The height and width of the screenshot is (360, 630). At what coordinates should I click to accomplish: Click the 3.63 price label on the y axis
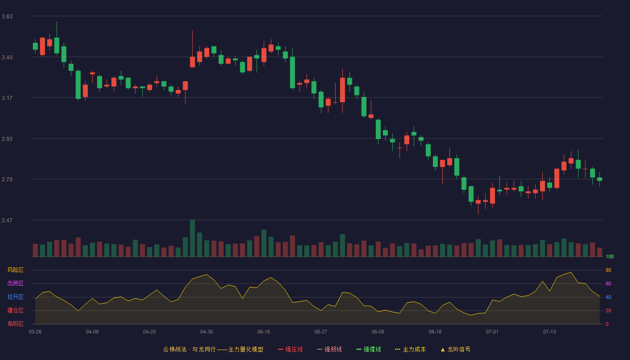click(7, 17)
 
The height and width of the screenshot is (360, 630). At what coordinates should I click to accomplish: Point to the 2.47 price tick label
click(7, 220)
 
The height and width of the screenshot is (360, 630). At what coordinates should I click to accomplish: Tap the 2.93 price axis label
click(7, 139)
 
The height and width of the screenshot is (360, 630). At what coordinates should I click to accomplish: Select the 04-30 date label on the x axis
click(207, 332)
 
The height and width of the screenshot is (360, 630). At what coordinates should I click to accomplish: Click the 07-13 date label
click(549, 332)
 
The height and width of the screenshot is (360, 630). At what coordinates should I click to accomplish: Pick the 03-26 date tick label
click(35, 332)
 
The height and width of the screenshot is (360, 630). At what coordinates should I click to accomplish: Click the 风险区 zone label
click(15, 270)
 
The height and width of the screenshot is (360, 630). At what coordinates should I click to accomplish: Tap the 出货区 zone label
click(15, 283)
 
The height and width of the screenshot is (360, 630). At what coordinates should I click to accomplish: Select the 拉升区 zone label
click(15, 297)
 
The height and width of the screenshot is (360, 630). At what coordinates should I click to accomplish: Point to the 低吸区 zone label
click(15, 324)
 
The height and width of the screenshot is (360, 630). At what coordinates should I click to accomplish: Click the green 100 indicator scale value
click(610, 256)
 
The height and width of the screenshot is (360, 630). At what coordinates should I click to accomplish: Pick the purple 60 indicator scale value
click(608, 283)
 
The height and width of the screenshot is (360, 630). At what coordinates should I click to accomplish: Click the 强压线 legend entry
click(291, 349)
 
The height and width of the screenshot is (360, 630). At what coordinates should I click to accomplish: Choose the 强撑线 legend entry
click(369, 349)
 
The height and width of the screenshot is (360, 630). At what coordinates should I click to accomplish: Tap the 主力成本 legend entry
click(410, 349)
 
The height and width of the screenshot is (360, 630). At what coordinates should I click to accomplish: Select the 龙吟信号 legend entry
click(455, 349)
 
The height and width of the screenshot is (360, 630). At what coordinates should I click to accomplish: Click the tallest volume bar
click(193, 238)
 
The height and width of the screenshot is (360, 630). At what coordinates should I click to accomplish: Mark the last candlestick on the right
click(599, 179)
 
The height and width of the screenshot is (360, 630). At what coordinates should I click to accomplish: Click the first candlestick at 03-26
click(35, 46)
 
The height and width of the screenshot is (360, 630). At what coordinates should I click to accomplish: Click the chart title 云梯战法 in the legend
click(175, 349)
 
